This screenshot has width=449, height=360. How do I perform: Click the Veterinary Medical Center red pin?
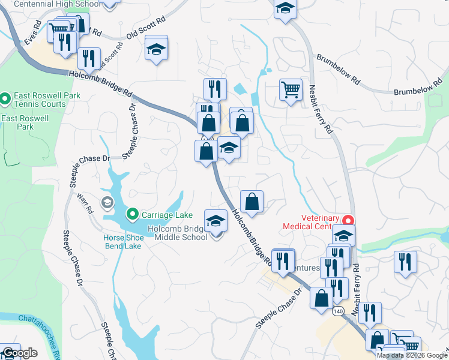click(348, 221)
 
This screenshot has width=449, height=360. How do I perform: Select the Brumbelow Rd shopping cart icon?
click(291, 91)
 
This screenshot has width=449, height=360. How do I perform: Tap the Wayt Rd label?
click(83, 203)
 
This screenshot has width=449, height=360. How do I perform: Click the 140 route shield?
click(338, 311)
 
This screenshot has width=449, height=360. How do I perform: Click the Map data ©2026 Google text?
click(412, 355)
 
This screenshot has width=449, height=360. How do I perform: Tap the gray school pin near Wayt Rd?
click(107, 203)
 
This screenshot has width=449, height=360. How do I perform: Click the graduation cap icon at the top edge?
click(285, 9)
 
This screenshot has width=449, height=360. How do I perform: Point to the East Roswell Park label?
click(25, 122)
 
